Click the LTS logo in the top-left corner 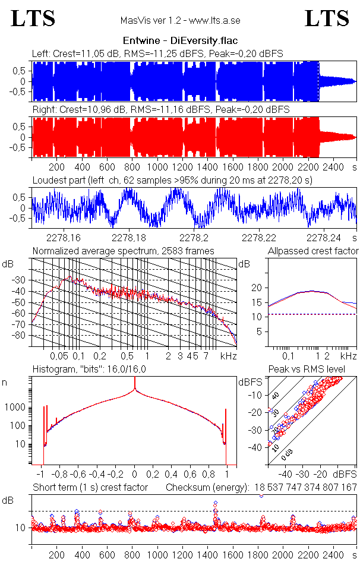tap(33, 19)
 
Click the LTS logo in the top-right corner tap(327, 19)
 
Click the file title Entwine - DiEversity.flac tap(180, 42)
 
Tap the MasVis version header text tap(180, 21)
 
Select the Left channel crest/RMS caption tap(157, 53)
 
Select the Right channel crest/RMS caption tap(160, 109)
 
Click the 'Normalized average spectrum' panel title tap(123, 251)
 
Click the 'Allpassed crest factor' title tap(313, 251)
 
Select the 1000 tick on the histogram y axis tap(16, 408)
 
